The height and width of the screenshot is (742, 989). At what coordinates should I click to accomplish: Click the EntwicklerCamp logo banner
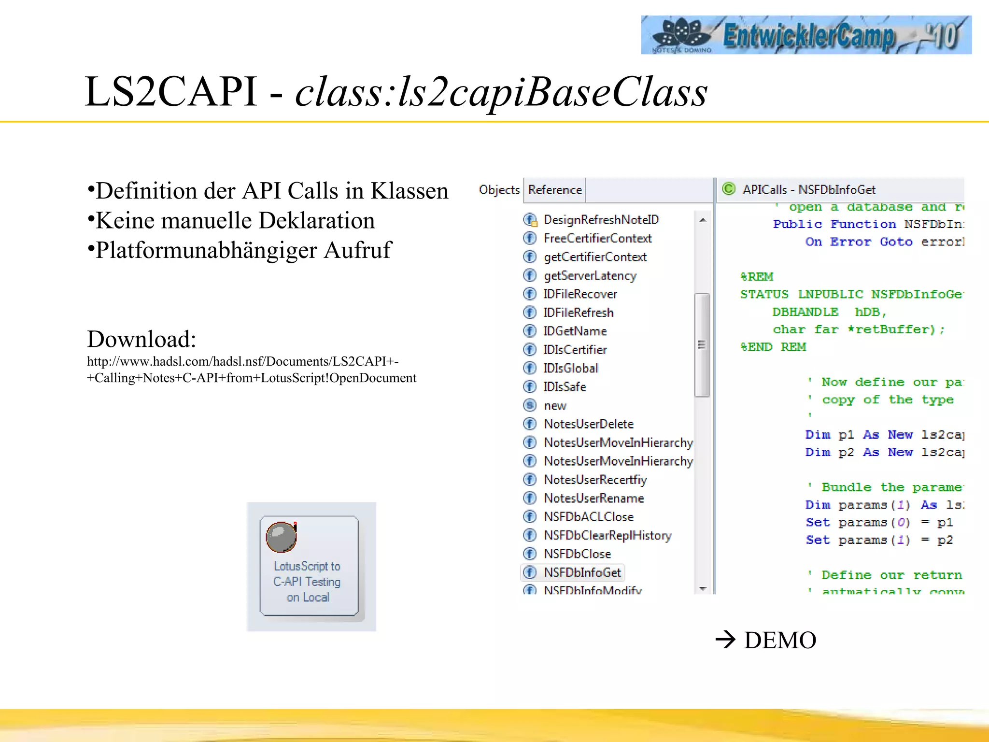point(805,35)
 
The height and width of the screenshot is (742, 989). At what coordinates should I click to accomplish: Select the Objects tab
point(499,190)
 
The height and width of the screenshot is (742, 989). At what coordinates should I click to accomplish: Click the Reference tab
point(554,190)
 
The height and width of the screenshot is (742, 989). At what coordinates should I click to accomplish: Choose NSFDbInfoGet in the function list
point(582,572)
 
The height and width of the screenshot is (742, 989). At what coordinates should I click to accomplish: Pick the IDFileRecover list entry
point(579,294)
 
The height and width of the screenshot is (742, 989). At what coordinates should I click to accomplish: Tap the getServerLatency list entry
point(590,276)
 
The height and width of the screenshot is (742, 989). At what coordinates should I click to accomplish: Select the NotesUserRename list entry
point(593,498)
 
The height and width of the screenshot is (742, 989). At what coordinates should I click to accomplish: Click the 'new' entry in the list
point(555,406)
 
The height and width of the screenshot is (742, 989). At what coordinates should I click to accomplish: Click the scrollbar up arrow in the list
point(703,220)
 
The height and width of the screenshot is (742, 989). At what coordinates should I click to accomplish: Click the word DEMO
point(780,641)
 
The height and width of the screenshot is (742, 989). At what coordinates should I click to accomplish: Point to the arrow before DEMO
point(725,640)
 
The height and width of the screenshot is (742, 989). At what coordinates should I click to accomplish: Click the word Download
point(141,339)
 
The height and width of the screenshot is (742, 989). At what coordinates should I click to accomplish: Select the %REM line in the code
point(757,277)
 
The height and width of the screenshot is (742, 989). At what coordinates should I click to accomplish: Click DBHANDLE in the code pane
point(805,312)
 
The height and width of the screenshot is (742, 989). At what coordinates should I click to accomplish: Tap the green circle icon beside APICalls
point(728,189)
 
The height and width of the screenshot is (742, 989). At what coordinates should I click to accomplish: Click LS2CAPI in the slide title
point(171,92)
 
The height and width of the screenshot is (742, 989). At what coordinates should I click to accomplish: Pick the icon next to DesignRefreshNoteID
point(530,220)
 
